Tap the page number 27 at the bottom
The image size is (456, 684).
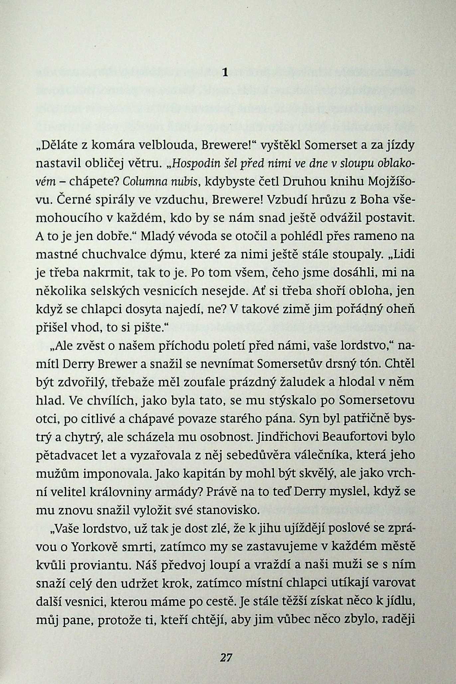coord(226,657)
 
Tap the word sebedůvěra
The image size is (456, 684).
coord(273,455)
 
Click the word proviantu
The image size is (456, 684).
coord(106,564)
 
